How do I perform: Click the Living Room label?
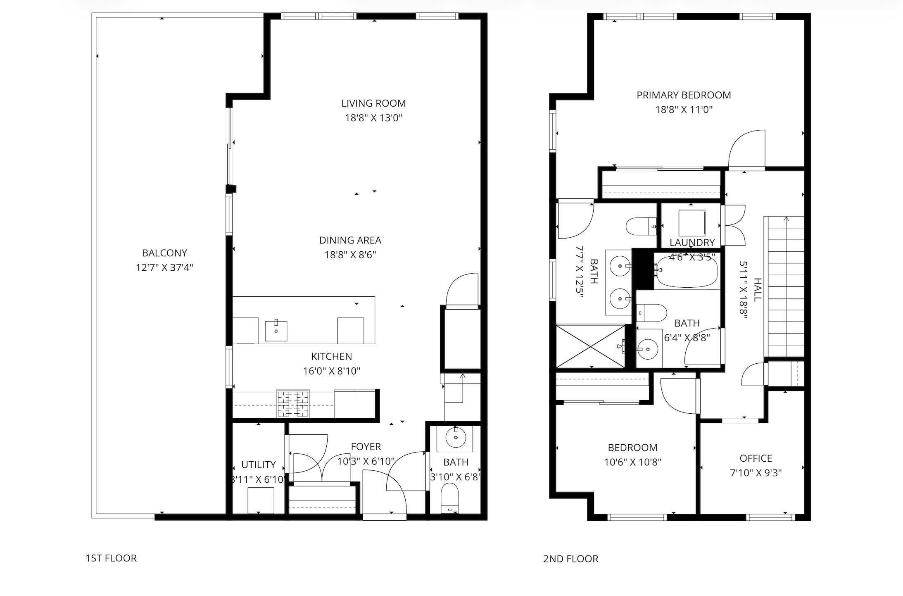(x=373, y=103)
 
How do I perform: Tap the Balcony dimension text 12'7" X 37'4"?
(x=164, y=268)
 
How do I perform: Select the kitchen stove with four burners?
(x=293, y=404)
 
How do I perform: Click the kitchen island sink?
(x=276, y=331)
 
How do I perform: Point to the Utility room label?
(x=258, y=465)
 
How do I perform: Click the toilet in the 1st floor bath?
(x=450, y=498)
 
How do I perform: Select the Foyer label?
(x=366, y=447)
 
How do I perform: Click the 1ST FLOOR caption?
(x=111, y=558)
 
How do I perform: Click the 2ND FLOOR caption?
(x=570, y=559)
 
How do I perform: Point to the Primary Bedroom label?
(x=684, y=95)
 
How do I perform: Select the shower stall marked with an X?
(x=591, y=346)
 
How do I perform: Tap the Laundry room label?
(x=692, y=243)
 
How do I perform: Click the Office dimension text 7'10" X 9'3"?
(x=756, y=473)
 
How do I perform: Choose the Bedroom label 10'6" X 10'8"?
(x=632, y=448)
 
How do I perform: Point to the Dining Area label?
(x=350, y=240)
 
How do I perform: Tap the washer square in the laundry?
(x=692, y=223)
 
